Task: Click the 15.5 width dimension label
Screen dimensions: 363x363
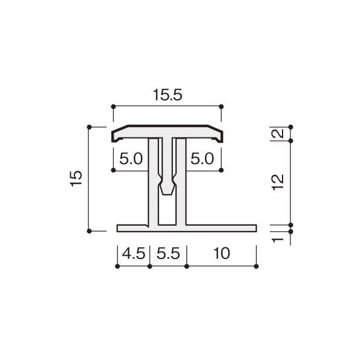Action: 168,95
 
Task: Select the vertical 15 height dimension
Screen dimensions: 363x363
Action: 76,178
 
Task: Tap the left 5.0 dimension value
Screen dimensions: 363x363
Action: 131,159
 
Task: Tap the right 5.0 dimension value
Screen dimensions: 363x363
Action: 202,159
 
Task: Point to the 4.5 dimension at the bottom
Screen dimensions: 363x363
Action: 134,253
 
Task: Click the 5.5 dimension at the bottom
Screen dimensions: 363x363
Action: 168,253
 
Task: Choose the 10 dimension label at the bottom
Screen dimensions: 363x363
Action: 222,253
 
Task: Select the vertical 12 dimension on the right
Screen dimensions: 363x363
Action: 278,182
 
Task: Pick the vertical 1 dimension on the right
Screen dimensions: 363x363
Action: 278,240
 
